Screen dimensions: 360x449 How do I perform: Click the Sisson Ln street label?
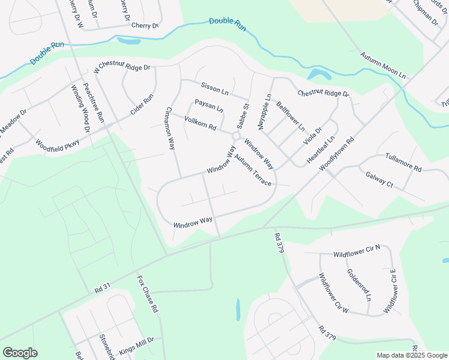215,89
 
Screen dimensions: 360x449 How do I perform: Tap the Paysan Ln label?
209,106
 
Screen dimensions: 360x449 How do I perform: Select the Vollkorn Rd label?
200,121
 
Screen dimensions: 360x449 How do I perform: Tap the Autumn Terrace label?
253,170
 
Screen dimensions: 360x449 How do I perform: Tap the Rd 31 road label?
103,289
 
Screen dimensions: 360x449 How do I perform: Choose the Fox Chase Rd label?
146,295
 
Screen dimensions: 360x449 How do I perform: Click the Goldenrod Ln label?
359,284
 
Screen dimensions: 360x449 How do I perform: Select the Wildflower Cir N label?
357,252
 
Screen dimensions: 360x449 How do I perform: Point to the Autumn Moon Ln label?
383,66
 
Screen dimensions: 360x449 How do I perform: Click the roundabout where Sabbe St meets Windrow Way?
237,137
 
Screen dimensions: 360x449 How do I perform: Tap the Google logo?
20,353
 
